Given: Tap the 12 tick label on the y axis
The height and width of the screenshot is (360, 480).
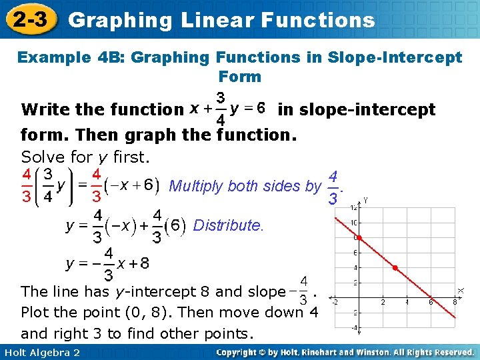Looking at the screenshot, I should pyautogui.click(x=353, y=208).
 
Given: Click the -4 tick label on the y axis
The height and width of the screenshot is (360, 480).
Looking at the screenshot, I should pyautogui.click(x=355, y=328).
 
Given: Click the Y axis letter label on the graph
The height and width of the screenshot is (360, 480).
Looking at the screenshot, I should pyautogui.click(x=366, y=199).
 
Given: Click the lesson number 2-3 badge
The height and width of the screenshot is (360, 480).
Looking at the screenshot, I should pyautogui.click(x=28, y=20).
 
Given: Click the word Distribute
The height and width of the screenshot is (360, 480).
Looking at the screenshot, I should pyautogui.click(x=228, y=225).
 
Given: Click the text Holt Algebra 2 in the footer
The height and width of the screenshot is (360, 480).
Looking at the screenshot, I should pyautogui.click(x=41, y=352).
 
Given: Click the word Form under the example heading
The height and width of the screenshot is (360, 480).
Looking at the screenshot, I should pyautogui.click(x=239, y=76).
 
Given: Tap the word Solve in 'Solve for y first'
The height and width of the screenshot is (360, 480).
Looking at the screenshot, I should pyautogui.click(x=42, y=157).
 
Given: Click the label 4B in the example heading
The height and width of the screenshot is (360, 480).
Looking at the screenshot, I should pyautogui.click(x=113, y=57).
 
